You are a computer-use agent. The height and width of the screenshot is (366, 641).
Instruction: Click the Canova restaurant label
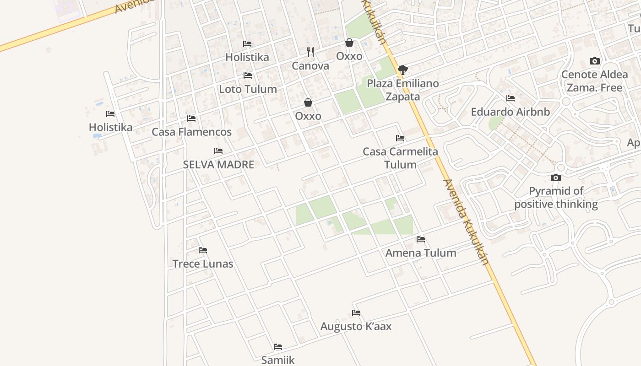point(310,66)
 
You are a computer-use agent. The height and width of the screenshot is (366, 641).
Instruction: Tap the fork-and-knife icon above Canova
point(310,52)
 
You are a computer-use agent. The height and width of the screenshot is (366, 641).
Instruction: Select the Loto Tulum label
point(248,89)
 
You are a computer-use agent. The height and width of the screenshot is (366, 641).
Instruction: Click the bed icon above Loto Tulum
point(248,75)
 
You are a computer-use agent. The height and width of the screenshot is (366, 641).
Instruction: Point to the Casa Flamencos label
point(191,132)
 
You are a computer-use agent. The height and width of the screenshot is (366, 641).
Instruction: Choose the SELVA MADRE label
point(218,165)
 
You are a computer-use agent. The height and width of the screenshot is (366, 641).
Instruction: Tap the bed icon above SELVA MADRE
point(218,151)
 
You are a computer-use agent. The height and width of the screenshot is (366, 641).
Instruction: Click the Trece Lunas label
point(203,264)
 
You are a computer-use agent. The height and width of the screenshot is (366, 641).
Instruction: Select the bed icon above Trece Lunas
point(203,250)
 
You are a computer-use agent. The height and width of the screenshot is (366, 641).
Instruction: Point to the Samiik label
point(278,360)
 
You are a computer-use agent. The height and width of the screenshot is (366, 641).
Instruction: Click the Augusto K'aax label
point(356,327)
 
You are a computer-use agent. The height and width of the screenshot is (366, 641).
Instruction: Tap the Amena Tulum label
point(421,253)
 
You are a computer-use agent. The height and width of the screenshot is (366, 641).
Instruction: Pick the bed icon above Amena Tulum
point(421,239)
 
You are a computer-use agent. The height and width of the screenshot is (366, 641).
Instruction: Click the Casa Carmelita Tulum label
point(400,158)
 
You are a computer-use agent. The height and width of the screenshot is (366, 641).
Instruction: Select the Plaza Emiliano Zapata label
point(403,90)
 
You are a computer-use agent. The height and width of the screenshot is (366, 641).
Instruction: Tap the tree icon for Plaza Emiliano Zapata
point(403,70)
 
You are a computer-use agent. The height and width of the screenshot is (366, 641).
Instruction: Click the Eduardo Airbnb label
point(511,112)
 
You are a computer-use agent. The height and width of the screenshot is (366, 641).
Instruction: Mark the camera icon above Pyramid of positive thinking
point(556,178)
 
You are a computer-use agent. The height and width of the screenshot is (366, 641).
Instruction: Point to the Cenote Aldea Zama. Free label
point(594,81)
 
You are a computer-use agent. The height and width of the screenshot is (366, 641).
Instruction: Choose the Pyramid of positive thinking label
point(556,198)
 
